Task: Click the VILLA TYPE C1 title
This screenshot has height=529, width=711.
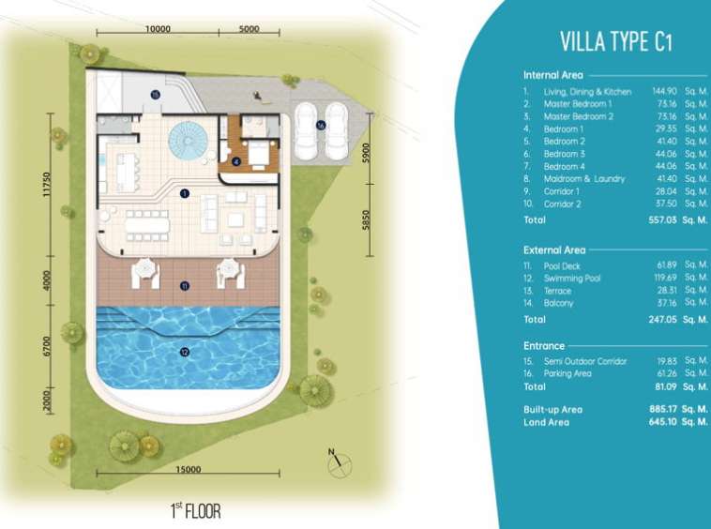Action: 615,41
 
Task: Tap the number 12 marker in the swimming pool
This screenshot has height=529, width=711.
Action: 184,352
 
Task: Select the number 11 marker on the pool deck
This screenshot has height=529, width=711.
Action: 185,286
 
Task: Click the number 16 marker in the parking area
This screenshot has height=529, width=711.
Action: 321,125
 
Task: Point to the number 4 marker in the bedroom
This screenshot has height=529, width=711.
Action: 235,161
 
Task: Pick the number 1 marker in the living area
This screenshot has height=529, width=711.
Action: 184,193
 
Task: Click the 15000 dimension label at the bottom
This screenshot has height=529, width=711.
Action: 189,469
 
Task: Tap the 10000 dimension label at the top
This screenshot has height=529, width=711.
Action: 158,28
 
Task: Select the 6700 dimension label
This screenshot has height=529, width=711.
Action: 47,346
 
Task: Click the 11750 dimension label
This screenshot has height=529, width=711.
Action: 46,185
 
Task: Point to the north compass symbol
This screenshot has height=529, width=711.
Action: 340,463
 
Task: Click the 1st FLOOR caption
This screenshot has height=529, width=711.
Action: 196,511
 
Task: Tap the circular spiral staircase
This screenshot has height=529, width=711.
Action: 189,140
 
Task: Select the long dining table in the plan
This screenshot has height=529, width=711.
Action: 147,225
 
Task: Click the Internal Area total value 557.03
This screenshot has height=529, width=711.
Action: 662,219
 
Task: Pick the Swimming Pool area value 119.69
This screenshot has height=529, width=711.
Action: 665,277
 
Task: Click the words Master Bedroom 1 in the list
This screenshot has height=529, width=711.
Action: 578,104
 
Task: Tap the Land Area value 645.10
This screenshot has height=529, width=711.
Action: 662,421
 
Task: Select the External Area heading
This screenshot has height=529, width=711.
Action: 554,249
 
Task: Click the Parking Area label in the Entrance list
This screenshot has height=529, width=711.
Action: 567,373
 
